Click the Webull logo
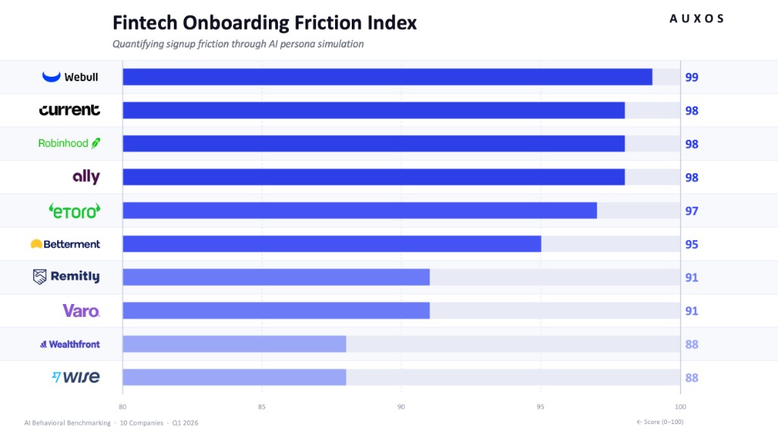coord(71,77)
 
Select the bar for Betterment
coord(332,244)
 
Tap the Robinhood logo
coord(69,143)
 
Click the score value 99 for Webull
coord(691,77)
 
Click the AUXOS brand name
coord(697,19)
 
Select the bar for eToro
coord(359,211)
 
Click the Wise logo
coord(76,377)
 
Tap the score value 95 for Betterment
coord(691,244)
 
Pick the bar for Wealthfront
coord(234,344)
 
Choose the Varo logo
coord(81,310)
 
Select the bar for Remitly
coord(276,277)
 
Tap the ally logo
coord(86,176)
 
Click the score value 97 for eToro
coord(691,211)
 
